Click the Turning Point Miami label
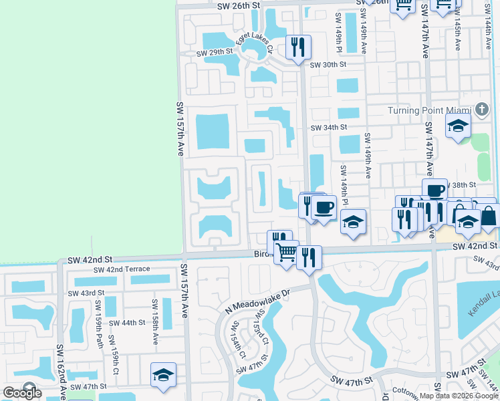point(430,110)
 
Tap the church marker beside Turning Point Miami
point(482,109)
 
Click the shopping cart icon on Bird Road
point(287,252)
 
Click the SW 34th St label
point(328,127)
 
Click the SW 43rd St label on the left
point(86,293)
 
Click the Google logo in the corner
point(23,393)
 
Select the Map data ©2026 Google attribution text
point(459,396)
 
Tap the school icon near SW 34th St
point(459,126)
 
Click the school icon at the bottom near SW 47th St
point(163,376)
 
